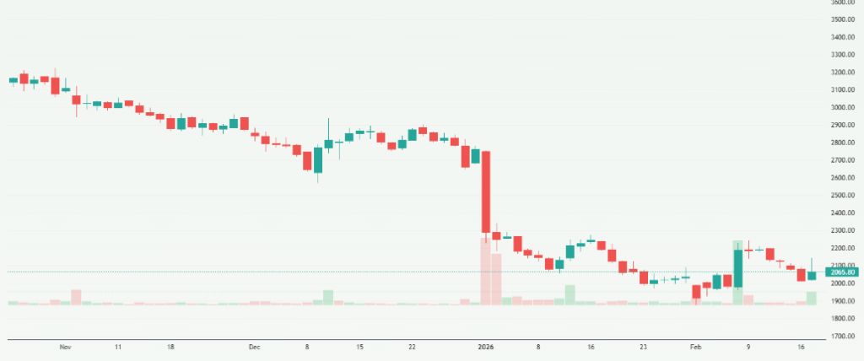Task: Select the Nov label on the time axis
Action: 65,347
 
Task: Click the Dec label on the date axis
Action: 255,347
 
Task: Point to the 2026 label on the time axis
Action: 484,347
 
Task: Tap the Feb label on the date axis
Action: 696,347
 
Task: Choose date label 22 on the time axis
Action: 412,347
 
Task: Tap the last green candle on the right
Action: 812,275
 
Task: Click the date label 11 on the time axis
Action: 118,347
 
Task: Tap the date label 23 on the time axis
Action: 643,347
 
